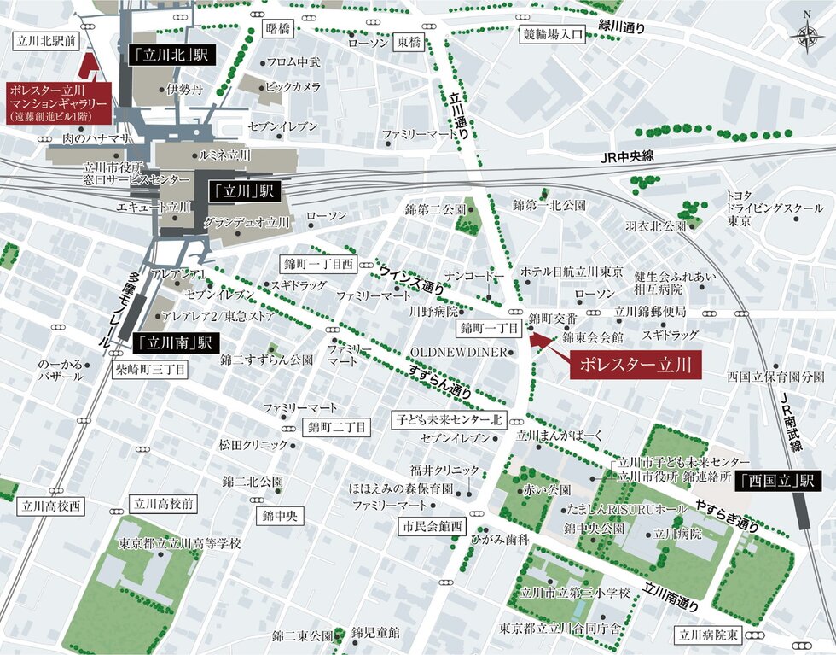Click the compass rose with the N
806,34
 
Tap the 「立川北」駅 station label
171,56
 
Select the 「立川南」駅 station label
174,343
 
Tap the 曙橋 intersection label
278,28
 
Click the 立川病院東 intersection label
709,635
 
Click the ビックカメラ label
293,87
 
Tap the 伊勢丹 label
183,88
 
